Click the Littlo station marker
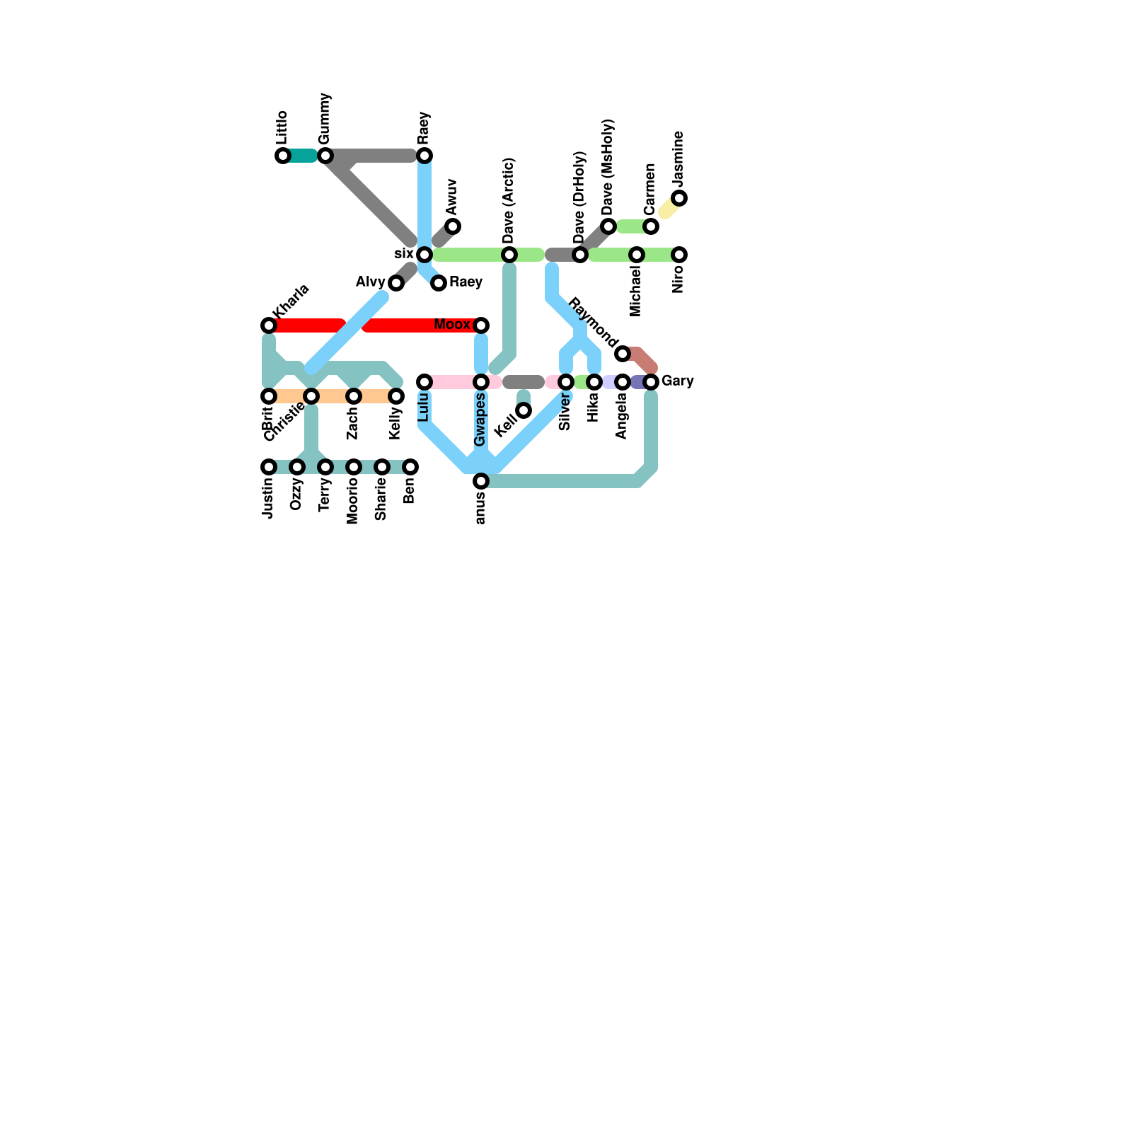(x=283, y=156)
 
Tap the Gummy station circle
(x=325, y=156)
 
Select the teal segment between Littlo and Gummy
(x=304, y=156)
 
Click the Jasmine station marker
(x=679, y=198)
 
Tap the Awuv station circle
(x=453, y=226)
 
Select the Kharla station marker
(x=269, y=325)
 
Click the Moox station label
(x=451, y=325)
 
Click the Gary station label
(x=678, y=381)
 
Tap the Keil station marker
(x=524, y=410)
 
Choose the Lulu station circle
(x=424, y=382)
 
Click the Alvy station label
(x=370, y=282)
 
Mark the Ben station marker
(x=410, y=467)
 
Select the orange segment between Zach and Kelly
(x=375, y=396)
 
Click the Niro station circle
(x=679, y=255)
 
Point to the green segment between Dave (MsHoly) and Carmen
(x=630, y=226)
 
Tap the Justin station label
(x=268, y=498)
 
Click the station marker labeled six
(x=424, y=255)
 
